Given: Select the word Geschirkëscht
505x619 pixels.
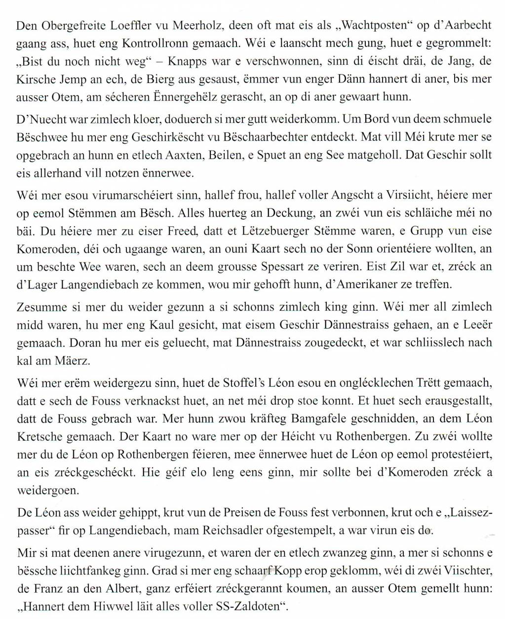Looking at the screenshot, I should [x=229, y=136].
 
